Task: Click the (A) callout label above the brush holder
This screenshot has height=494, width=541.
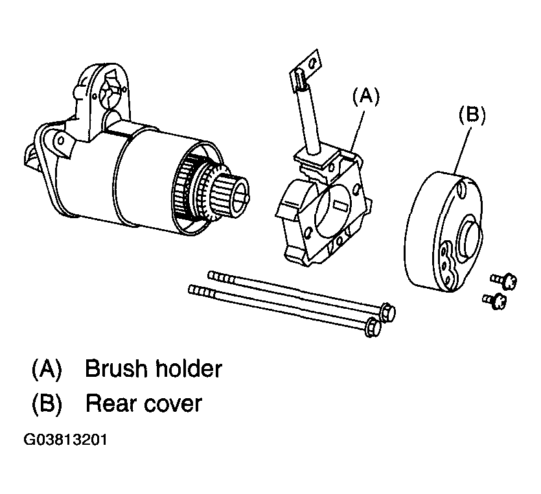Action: [365, 96]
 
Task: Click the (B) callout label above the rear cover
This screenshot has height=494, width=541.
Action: [472, 114]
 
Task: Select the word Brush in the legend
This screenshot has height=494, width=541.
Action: [116, 368]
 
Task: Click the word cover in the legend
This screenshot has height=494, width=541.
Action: [173, 404]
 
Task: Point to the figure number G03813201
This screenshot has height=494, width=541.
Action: [65, 440]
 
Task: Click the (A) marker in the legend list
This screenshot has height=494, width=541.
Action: [47, 369]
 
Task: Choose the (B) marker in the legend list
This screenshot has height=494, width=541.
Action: [47, 404]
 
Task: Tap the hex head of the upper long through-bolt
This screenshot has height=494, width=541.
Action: [388, 312]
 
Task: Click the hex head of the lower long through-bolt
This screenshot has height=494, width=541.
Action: [374, 327]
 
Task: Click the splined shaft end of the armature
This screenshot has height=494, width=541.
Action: [231, 196]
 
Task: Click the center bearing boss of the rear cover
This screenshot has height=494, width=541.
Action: [469, 236]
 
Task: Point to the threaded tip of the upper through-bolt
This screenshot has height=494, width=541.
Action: [221, 277]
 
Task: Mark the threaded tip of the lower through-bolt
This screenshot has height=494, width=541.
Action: [202, 291]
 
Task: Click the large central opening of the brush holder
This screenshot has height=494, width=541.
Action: [330, 210]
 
